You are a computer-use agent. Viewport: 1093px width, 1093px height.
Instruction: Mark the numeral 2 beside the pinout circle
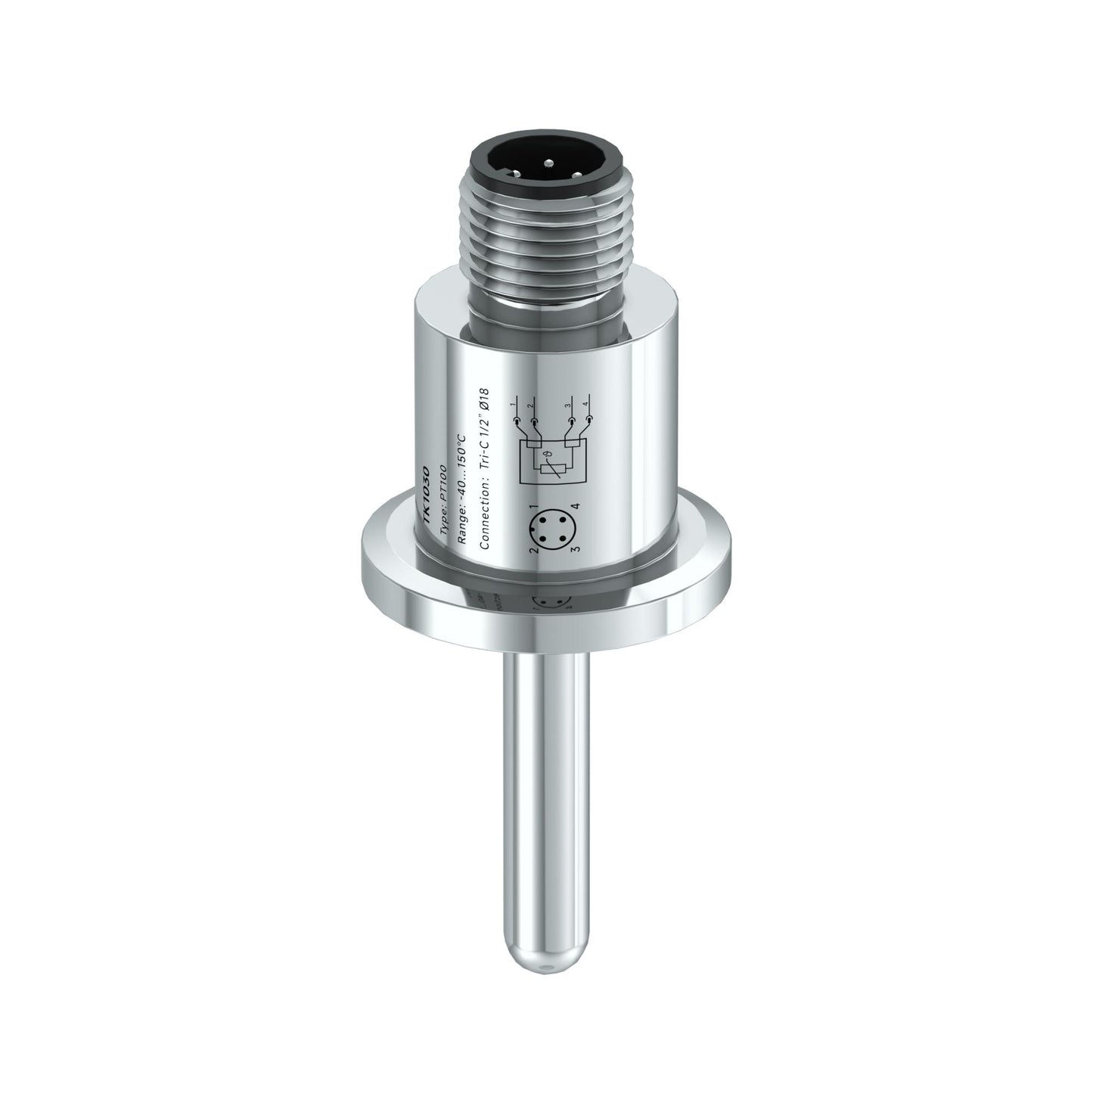(532, 551)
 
